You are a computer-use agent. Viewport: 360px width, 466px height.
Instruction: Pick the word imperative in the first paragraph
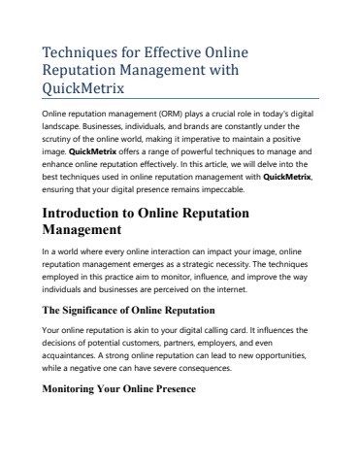click(x=205, y=140)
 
